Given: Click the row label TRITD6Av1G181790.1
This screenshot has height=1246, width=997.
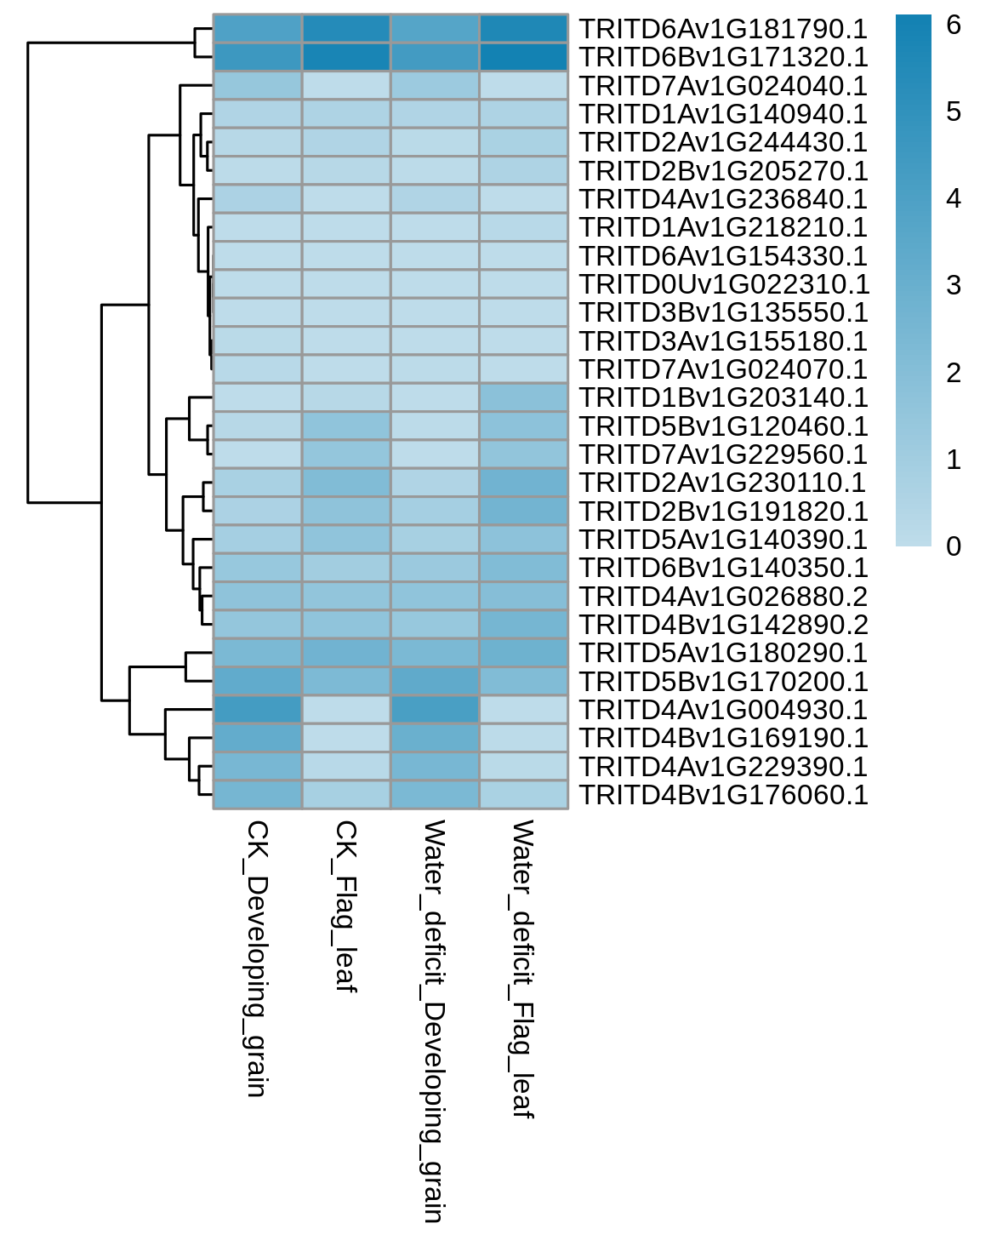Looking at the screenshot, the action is [723, 29].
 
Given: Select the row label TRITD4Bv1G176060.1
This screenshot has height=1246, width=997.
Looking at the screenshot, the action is [723, 794].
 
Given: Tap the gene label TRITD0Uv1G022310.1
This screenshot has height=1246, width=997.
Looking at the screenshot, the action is [725, 284].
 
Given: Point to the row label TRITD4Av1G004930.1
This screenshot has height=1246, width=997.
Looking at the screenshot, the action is [723, 709].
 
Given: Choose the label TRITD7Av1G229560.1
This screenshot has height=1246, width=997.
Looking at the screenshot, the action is [723, 454].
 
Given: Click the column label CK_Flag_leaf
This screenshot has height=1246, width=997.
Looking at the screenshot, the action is [345, 906].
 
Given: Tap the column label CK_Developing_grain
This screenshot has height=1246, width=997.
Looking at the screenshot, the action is [257, 958].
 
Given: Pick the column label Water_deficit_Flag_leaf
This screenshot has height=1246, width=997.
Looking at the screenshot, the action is [522, 969].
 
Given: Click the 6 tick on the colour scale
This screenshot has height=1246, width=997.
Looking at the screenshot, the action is [954, 25].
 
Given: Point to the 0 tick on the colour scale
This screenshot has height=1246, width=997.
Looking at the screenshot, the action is [954, 546].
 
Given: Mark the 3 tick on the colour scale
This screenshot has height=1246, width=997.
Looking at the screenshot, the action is [954, 285].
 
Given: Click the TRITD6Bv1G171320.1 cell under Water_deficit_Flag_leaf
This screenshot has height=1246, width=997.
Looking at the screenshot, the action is [524, 57].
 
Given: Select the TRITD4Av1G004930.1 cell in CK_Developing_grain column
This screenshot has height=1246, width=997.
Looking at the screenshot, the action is [258, 709].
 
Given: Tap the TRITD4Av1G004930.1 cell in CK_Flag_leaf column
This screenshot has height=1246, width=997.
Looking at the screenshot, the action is [346, 709].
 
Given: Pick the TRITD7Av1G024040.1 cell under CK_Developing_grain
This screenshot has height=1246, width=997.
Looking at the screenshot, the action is [258, 85].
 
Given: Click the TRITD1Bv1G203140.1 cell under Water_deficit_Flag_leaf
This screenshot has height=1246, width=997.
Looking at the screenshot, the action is [524, 397].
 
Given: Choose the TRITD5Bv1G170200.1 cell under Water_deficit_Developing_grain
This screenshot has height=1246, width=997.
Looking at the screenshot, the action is [436, 681].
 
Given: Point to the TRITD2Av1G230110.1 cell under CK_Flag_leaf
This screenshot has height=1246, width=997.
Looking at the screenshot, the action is [346, 483].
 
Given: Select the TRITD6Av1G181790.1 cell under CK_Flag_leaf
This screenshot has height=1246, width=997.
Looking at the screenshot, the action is [346, 29].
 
